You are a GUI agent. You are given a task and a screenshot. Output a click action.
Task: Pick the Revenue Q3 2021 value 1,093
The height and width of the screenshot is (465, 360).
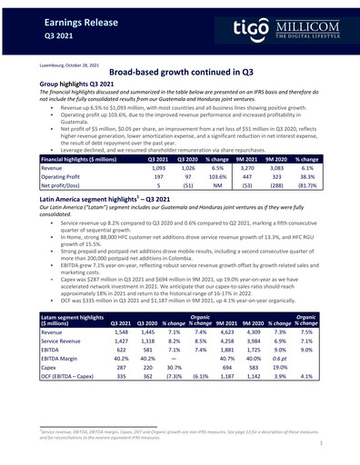(x=158, y=168)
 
